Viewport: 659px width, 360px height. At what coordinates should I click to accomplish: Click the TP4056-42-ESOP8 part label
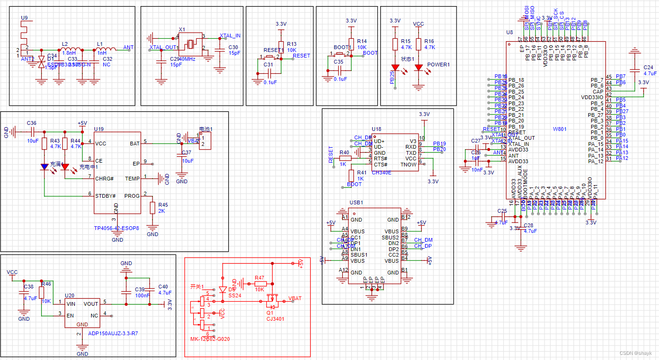(116, 228)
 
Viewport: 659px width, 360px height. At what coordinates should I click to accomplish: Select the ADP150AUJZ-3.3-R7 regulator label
(113, 333)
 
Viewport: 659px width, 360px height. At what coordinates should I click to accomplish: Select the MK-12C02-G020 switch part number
(210, 339)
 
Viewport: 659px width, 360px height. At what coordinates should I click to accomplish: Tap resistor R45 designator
(163, 205)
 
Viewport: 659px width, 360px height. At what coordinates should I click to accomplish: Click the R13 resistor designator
(292, 43)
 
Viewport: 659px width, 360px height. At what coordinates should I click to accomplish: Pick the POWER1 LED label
(438, 65)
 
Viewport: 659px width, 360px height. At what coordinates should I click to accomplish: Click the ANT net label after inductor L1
(128, 48)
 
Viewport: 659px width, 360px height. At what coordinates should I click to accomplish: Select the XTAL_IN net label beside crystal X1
(230, 36)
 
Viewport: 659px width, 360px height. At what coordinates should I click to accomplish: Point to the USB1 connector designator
(356, 202)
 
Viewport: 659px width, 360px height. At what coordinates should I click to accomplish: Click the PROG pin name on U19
(131, 196)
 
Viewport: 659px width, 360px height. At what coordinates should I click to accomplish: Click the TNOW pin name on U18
(409, 165)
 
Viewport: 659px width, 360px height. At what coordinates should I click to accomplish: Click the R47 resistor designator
(259, 278)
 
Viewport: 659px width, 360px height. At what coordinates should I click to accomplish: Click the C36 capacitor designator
(31, 123)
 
